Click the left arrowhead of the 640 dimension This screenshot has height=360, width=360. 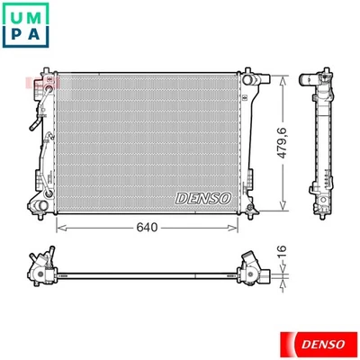pyautogui.click(x=59, y=228)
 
